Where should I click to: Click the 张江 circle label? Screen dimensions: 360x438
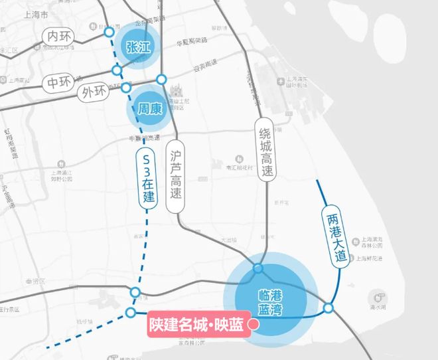(x=138, y=46)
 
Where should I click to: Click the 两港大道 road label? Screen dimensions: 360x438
(x=336, y=236)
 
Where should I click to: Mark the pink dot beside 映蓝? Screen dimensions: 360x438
(x=252, y=325)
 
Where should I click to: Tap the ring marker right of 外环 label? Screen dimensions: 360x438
(x=126, y=88)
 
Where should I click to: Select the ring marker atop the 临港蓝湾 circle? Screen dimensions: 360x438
(x=257, y=269)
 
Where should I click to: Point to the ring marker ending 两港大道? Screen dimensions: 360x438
(x=328, y=308)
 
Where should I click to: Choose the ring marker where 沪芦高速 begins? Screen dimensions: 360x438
(x=161, y=79)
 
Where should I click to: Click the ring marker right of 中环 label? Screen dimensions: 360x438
(x=117, y=70)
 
